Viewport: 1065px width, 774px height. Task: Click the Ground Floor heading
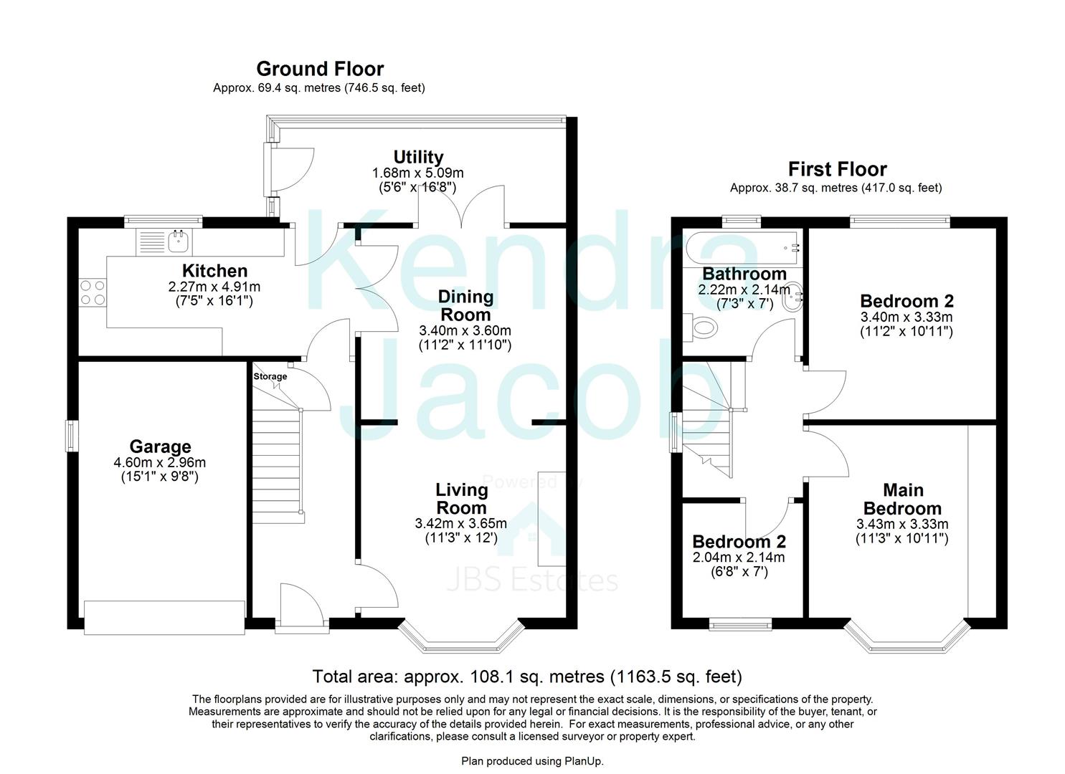320,69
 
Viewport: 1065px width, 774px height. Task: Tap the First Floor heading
837,169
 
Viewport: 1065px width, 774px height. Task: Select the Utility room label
418,157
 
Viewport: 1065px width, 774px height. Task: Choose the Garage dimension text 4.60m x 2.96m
159,463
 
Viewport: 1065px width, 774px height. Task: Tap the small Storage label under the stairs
270,376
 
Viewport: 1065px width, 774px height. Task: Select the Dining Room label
465,305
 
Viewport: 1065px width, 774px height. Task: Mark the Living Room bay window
459,637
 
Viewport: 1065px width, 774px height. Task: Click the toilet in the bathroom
702,328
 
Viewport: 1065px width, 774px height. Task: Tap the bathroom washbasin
792,295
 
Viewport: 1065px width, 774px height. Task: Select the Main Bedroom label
903,499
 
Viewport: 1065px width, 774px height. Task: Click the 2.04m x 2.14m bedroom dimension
739,558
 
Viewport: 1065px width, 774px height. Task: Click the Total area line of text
527,677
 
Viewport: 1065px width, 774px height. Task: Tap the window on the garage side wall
72,436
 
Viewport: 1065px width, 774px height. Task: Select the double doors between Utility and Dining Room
463,204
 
